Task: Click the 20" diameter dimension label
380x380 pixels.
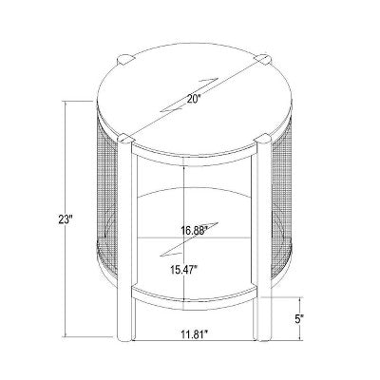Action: pos(194,100)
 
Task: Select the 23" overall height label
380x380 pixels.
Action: pos(66,219)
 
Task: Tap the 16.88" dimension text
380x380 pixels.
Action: pos(195,230)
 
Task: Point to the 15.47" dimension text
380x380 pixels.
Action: pos(184,270)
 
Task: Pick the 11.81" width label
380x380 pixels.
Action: pos(195,333)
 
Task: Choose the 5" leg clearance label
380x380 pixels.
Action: pos(297,319)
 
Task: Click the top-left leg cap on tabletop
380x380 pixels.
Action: pos(124,60)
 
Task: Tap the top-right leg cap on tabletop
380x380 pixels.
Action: pos(263,60)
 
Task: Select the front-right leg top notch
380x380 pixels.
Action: pos(263,140)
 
